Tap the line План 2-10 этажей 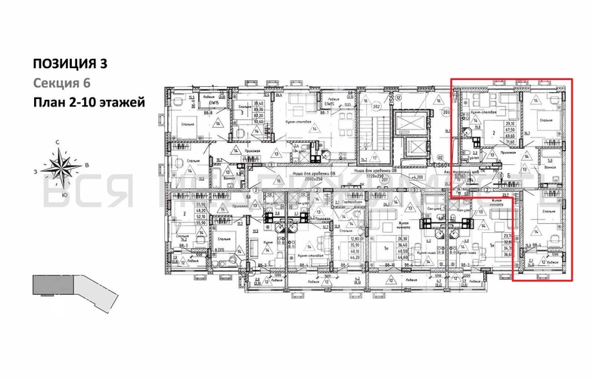(88, 102)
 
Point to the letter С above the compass (57, 142)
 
